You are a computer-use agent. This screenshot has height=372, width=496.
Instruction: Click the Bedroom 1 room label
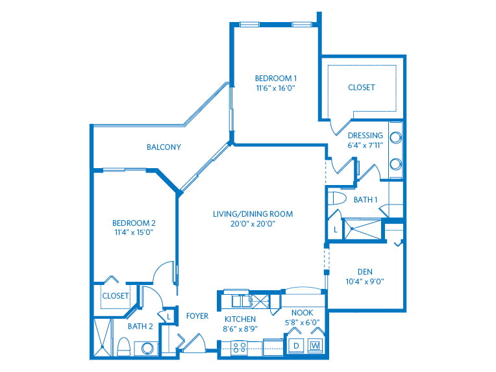click(x=276, y=78)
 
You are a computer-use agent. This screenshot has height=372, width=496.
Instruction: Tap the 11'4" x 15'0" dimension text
click(x=134, y=232)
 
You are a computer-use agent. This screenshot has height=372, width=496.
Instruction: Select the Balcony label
click(x=164, y=147)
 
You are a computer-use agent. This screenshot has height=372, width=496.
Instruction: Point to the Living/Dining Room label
click(x=253, y=214)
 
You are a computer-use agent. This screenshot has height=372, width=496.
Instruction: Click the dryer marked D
click(x=296, y=346)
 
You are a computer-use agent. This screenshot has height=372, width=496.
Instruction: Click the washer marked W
click(x=315, y=346)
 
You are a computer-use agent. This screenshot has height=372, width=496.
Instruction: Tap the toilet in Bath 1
click(x=337, y=199)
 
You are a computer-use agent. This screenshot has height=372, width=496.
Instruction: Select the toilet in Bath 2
click(x=124, y=347)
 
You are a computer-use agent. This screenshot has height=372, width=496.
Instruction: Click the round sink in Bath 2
click(x=147, y=349)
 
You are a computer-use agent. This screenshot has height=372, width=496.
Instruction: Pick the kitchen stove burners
click(x=240, y=347)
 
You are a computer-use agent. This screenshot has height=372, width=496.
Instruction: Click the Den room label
click(x=365, y=272)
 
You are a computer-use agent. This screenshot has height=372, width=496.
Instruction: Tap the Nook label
click(x=302, y=313)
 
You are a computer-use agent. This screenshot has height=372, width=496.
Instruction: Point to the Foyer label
click(x=197, y=316)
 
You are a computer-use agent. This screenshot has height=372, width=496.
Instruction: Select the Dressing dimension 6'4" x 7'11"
click(x=366, y=145)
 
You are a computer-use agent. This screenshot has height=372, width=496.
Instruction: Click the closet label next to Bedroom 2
click(x=116, y=296)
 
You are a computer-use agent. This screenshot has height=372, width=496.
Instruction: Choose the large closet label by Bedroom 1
click(x=361, y=87)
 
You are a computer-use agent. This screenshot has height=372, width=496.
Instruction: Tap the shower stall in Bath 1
click(x=363, y=229)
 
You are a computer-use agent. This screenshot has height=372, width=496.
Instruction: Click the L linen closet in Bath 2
click(x=169, y=316)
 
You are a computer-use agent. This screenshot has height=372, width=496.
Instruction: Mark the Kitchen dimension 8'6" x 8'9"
click(x=240, y=329)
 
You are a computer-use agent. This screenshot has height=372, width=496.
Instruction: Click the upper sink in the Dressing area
click(x=395, y=137)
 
